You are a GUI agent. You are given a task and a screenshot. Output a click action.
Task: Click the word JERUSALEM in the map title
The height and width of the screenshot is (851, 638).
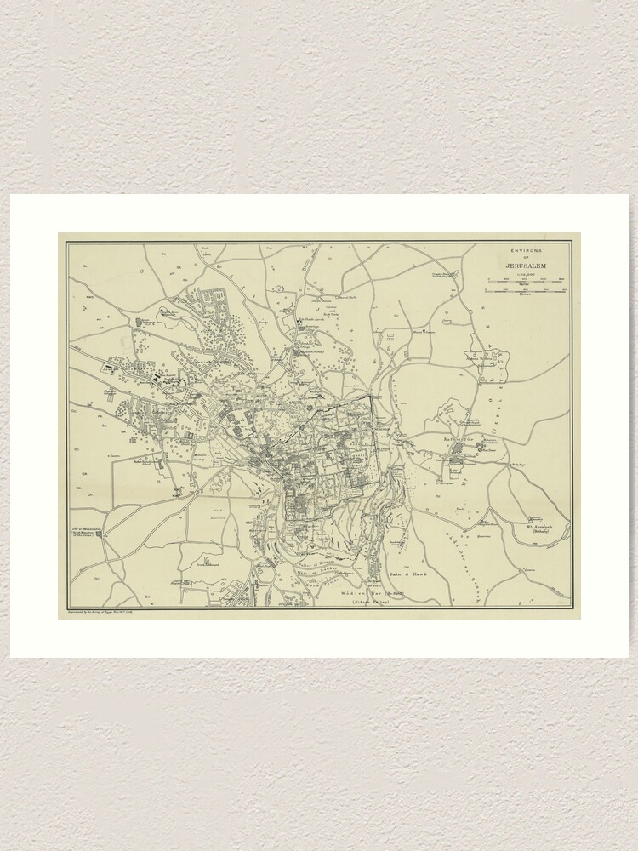click(x=525, y=267)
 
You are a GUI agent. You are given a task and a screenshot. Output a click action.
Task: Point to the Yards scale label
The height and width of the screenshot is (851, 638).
click(x=525, y=284)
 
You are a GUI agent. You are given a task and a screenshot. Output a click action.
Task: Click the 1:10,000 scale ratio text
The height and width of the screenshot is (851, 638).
click(x=525, y=276)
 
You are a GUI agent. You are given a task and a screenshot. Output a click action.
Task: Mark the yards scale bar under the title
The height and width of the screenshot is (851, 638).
click(x=525, y=280)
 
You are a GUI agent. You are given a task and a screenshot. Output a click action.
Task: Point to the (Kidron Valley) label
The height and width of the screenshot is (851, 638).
click(x=372, y=602)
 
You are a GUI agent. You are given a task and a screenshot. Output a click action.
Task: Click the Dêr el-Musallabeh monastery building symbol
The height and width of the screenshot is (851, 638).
click(x=100, y=534)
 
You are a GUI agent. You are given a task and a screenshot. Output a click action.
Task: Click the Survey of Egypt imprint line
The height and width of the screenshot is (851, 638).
click(x=128, y=611)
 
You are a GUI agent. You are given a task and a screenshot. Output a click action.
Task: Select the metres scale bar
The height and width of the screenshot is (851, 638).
click(x=525, y=292)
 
